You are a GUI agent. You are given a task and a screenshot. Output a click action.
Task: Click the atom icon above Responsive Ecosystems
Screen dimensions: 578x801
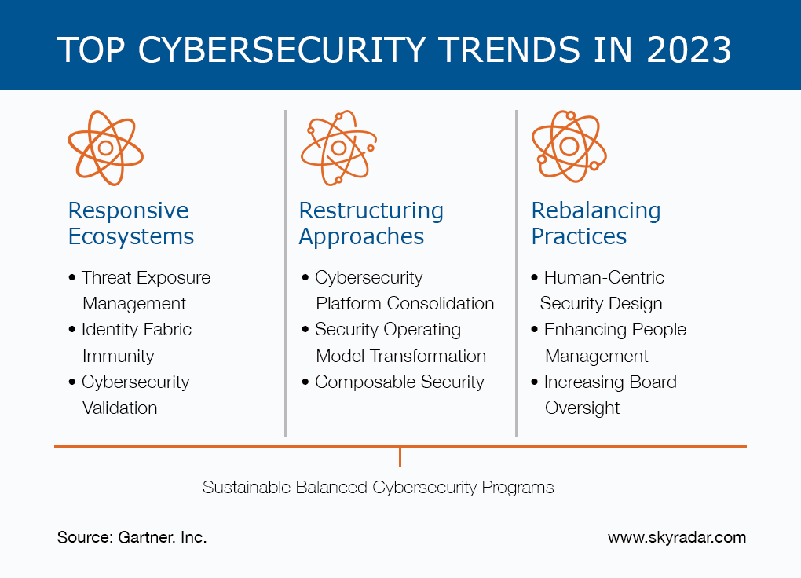point(105,148)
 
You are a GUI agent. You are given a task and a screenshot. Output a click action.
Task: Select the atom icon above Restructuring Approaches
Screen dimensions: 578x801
point(338,148)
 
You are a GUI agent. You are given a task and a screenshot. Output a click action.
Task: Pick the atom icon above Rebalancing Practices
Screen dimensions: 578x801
point(569,146)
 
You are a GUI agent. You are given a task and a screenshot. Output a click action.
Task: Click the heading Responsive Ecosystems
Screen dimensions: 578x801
point(130,223)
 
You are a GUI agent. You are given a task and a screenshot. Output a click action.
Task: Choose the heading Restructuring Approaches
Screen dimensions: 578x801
point(371,223)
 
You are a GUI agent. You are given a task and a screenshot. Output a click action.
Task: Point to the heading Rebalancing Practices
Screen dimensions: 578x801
point(595,223)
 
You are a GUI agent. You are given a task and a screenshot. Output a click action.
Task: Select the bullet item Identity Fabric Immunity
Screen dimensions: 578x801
point(135,342)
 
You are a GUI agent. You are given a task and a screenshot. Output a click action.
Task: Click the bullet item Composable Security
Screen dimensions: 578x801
point(399,382)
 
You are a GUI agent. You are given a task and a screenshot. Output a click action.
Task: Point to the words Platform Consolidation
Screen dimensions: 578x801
point(404,304)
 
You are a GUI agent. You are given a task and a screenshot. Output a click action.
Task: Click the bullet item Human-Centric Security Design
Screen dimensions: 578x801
point(601,291)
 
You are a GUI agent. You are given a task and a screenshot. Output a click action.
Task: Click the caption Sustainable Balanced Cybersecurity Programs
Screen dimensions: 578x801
point(378,488)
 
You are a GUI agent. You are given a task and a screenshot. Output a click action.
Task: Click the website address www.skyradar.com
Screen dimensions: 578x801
point(676,538)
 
